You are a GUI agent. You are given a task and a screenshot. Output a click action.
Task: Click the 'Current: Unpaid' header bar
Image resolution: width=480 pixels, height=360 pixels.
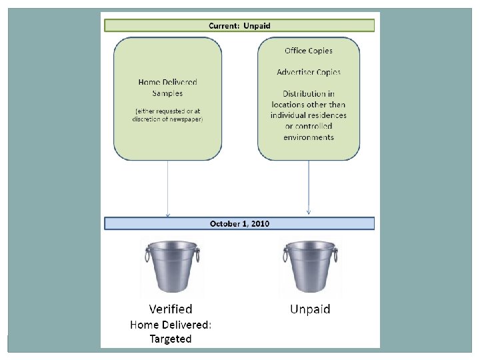tap(239, 25)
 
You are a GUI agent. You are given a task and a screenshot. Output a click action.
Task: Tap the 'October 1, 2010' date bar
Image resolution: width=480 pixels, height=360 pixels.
tap(239, 224)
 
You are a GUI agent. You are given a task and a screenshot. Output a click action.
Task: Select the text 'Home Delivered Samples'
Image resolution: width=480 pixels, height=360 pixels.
tap(167, 88)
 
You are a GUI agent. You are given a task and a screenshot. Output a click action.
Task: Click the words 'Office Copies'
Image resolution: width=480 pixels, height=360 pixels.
tap(308, 51)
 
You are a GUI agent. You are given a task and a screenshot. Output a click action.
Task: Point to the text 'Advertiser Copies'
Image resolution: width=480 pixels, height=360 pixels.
tap(308, 72)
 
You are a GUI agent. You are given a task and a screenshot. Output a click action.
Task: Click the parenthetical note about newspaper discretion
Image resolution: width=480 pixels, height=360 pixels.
tap(167, 114)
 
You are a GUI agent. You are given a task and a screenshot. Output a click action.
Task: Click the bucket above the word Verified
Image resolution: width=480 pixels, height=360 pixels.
tap(172, 267)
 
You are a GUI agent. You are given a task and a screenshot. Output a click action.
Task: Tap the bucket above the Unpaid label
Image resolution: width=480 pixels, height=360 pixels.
tap(310, 267)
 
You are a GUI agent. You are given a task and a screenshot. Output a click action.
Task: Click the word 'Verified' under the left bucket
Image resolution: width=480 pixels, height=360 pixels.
tap(171, 309)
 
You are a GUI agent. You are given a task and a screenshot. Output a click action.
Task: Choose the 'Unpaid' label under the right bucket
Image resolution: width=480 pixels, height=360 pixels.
tap(310, 309)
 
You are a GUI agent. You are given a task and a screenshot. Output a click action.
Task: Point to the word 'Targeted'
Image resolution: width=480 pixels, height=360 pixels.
tap(170, 339)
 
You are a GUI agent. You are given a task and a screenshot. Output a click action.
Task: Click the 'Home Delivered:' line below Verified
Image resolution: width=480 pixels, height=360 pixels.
tap(170, 325)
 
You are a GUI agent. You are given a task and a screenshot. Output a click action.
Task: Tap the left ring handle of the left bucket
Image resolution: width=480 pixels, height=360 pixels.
tap(147, 255)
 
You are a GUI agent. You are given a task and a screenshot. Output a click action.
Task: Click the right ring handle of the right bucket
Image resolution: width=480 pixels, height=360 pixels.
tap(335, 255)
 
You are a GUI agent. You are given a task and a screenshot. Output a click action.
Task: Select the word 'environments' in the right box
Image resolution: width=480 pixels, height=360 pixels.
tap(308, 137)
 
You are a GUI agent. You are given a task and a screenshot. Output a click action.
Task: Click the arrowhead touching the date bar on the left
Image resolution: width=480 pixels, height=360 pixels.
tap(168, 214)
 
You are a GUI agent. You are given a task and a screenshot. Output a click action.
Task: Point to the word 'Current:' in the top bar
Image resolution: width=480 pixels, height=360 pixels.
tap(225, 25)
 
